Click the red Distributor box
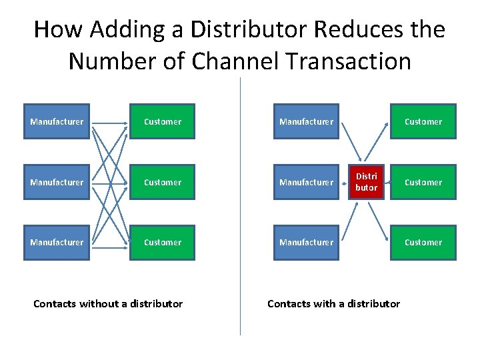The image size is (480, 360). pyautogui.click(x=366, y=182)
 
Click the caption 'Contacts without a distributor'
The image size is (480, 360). pyautogui.click(x=108, y=304)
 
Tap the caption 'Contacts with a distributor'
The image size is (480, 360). pyautogui.click(x=333, y=304)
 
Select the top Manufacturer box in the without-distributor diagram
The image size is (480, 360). pyautogui.click(x=57, y=121)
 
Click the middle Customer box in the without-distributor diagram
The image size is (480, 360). pyautogui.click(x=162, y=182)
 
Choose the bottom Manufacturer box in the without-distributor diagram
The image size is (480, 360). pyautogui.click(x=57, y=243)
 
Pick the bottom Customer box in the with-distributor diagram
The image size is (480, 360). pyautogui.click(x=423, y=243)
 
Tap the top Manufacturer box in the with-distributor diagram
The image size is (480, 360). pyautogui.click(x=306, y=121)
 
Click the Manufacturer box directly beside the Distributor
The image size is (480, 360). pyautogui.click(x=306, y=182)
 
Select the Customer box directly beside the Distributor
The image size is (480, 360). pyautogui.click(x=423, y=182)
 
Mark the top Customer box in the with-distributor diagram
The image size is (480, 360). pyautogui.click(x=423, y=121)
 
